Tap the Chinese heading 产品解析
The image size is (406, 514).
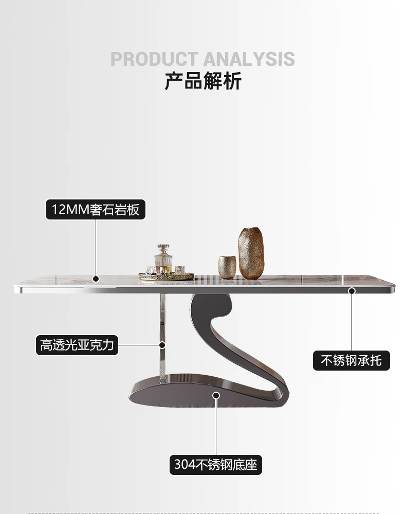(203, 81)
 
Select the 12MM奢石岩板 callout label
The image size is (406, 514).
(96, 210)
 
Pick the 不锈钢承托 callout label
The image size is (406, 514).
(352, 360)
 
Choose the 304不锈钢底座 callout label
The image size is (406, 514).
(216, 465)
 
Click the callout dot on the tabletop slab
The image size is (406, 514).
(96, 279)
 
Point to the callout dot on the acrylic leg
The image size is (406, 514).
(162, 344)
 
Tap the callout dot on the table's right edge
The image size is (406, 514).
(352, 291)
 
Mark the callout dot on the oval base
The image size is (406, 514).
(216, 395)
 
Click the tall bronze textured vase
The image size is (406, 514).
(251, 253)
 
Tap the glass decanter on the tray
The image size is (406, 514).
(164, 262)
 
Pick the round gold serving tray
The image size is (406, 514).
(165, 276)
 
